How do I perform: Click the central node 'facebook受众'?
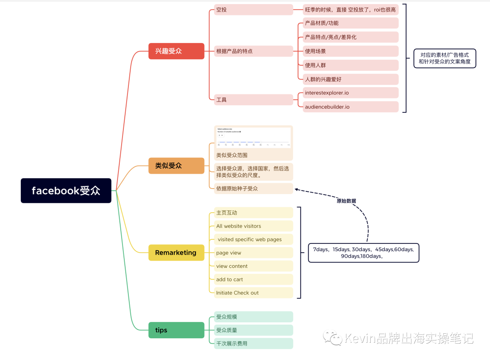click(x=66, y=190)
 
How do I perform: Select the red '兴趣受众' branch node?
click(x=176, y=51)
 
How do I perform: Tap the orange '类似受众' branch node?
click(x=176, y=165)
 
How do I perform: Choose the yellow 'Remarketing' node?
click(x=176, y=253)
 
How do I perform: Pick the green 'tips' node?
click(x=176, y=330)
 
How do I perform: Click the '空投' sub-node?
click(x=254, y=10)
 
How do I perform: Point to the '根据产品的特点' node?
click(x=254, y=51)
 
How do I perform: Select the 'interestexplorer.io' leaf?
click(x=351, y=93)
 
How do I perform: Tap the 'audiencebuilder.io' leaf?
click(x=351, y=107)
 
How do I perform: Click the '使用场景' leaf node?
click(x=351, y=51)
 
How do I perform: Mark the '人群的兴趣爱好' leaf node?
click(x=351, y=79)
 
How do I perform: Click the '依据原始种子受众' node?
click(x=254, y=188)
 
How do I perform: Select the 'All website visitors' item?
click(x=254, y=226)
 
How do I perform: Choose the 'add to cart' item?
click(x=254, y=279)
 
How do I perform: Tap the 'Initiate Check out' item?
click(x=254, y=293)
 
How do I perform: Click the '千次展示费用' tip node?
click(x=254, y=343)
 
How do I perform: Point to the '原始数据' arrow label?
click(x=346, y=201)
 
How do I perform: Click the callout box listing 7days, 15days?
click(x=363, y=253)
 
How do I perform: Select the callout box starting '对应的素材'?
click(x=444, y=58)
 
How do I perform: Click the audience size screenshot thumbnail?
click(x=254, y=138)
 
